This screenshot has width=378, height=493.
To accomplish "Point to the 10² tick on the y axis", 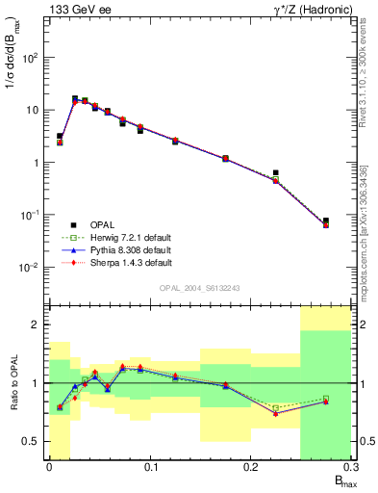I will (33, 58).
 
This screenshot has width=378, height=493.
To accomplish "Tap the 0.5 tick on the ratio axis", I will (35, 442).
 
